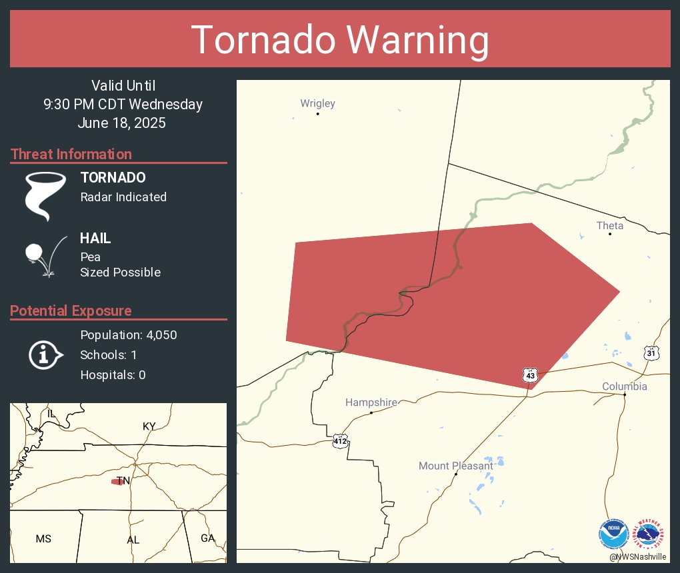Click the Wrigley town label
(317, 103)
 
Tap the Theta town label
(609, 226)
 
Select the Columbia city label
(624, 386)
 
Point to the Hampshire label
(371, 402)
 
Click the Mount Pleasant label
(455, 466)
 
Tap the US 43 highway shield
(530, 375)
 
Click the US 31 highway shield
(651, 352)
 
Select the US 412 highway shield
(340, 440)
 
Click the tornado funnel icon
(45, 196)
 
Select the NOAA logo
(613, 534)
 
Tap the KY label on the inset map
(149, 426)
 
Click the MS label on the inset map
(43, 538)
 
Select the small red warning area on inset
(118, 482)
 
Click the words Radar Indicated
(123, 197)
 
